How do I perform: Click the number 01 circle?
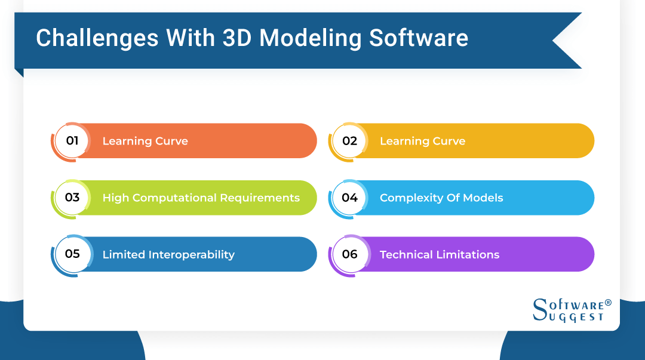72,141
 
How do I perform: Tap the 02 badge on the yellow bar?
349,141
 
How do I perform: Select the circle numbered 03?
72,198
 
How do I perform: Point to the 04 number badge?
349,198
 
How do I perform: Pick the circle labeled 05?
72,254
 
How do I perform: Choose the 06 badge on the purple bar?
349,254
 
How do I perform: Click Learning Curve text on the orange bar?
145,141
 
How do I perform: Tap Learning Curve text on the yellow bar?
422,141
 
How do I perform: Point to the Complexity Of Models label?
441,198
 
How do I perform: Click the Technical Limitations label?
440,255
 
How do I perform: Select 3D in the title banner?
238,38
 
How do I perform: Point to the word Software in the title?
419,38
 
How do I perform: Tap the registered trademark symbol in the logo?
608,303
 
